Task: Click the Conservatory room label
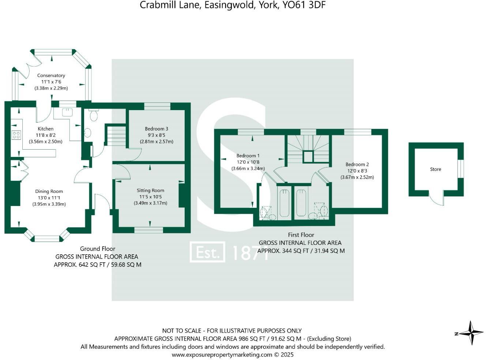pyautogui.click(x=51, y=75)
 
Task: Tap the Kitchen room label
pyautogui.click(x=45, y=129)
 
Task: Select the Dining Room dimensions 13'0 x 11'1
pyautogui.click(x=49, y=198)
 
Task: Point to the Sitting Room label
pyautogui.click(x=150, y=190)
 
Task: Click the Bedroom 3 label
pyautogui.click(x=157, y=129)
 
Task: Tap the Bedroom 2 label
pyautogui.click(x=357, y=164)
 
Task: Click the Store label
pyautogui.click(x=435, y=169)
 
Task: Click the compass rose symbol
pyautogui.click(x=471, y=333)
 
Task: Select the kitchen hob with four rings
pyautogui.click(x=16, y=135)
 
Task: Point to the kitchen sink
pyautogui.click(x=67, y=112)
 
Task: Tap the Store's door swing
pyautogui.click(x=437, y=198)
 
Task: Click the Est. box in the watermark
pyautogui.click(x=207, y=252)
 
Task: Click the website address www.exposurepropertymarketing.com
pyautogui.click(x=222, y=355)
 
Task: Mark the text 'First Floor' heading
pyautogui.click(x=301, y=235)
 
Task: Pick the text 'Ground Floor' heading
pyautogui.click(x=97, y=249)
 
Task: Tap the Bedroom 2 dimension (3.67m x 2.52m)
pyautogui.click(x=357, y=177)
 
